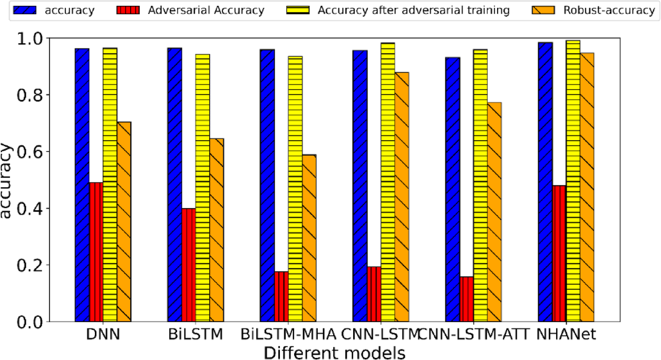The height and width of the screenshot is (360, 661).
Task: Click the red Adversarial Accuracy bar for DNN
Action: pyautogui.click(x=96, y=252)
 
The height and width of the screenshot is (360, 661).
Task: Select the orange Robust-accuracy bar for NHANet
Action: pyautogui.click(x=587, y=187)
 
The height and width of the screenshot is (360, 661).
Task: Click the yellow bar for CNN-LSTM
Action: pyautogui.click(x=387, y=182)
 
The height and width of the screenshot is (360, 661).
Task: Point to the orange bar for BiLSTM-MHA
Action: pyautogui.click(x=309, y=238)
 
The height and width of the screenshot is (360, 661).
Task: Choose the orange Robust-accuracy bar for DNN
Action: pyautogui.click(x=124, y=221)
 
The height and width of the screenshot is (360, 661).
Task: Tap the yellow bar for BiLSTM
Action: pyautogui.click(x=202, y=188)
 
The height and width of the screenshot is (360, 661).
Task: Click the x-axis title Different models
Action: pyautogui.click(x=335, y=352)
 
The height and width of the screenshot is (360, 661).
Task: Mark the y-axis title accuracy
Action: pyautogui.click(x=7, y=181)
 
